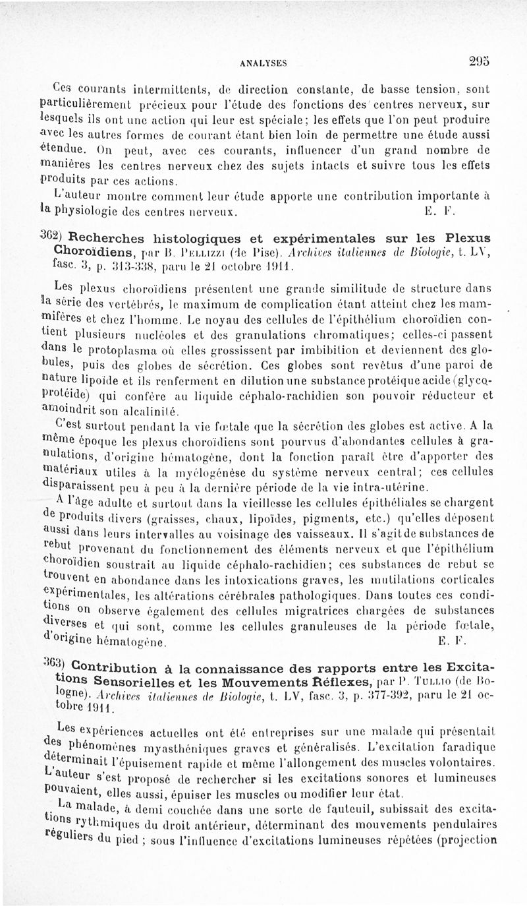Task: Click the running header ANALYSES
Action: click(262, 62)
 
